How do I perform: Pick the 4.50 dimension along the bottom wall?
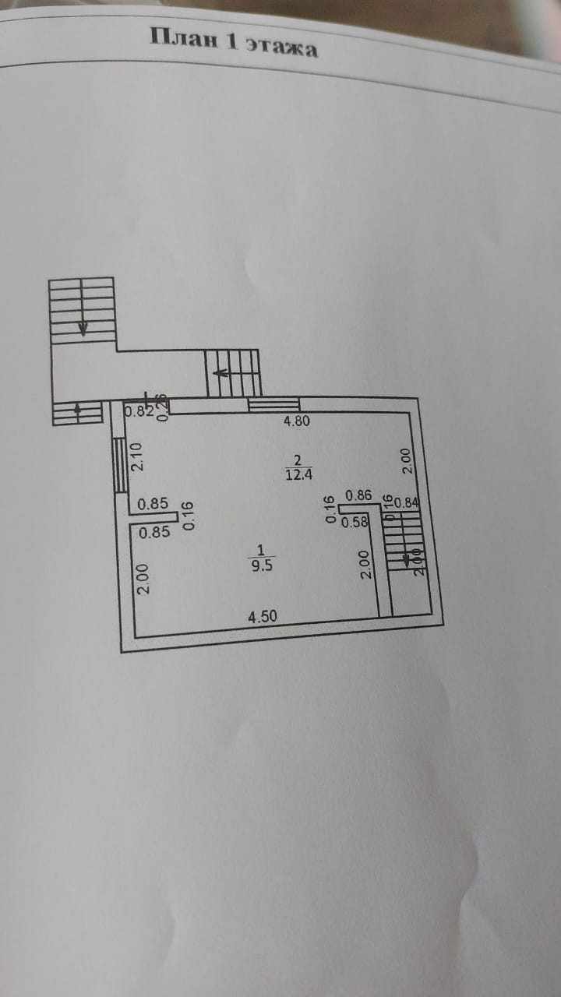[x=263, y=617]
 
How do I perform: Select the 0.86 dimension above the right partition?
[x=358, y=494]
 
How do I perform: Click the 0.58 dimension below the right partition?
[x=355, y=522]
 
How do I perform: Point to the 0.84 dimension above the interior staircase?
[x=407, y=503]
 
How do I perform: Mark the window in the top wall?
[x=273, y=404]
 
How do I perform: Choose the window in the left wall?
[x=120, y=464]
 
